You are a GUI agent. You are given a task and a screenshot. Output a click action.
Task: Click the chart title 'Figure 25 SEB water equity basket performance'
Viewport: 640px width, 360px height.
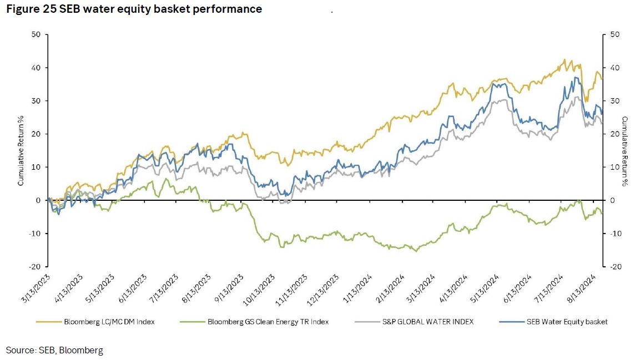coord(133,9)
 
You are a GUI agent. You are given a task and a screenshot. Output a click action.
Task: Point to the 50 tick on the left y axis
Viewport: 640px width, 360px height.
coord(37,34)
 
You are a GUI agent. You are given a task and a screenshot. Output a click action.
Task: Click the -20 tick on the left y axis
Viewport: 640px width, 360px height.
coord(35,267)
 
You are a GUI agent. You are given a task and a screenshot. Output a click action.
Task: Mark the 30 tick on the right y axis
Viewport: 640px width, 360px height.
coord(614,101)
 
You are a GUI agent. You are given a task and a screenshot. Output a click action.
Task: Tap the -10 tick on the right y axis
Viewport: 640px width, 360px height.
coord(615,234)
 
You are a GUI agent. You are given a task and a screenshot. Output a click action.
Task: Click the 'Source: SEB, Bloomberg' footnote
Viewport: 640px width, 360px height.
coord(54,350)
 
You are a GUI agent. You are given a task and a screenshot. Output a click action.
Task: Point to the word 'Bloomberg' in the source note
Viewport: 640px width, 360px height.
coord(84,350)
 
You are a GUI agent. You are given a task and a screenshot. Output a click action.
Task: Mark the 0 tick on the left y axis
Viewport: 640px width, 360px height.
coord(39,200)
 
